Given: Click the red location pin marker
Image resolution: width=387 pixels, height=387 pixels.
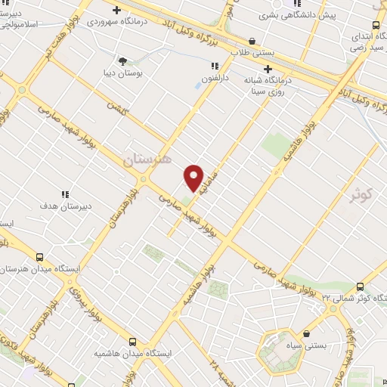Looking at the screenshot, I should [194, 178].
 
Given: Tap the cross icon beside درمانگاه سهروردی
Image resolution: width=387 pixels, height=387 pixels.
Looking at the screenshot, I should [116, 10].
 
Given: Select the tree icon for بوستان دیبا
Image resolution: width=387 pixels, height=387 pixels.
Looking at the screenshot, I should [122, 60].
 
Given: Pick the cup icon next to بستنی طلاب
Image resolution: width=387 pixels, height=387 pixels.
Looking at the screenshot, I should [252, 41].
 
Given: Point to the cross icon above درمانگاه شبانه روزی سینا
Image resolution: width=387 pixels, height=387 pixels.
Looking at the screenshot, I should [268, 69].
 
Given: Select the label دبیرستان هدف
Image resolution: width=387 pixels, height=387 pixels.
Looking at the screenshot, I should [65, 206].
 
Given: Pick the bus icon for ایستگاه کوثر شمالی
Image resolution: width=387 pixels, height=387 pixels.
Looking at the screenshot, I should [359, 286].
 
